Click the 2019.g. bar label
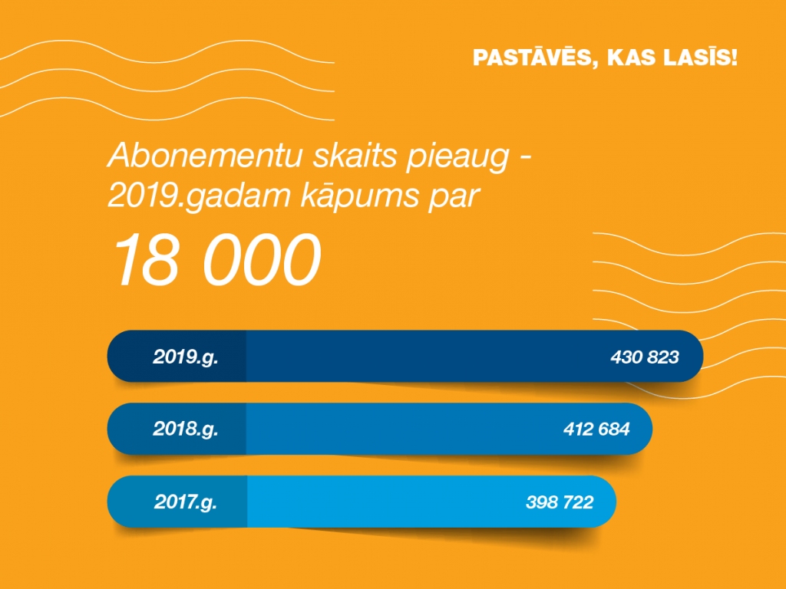(185, 357)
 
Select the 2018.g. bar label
(185, 429)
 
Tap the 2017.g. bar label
(185, 502)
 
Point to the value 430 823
(645, 357)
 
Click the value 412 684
(596, 429)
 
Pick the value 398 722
(560, 502)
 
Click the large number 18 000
(216, 260)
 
